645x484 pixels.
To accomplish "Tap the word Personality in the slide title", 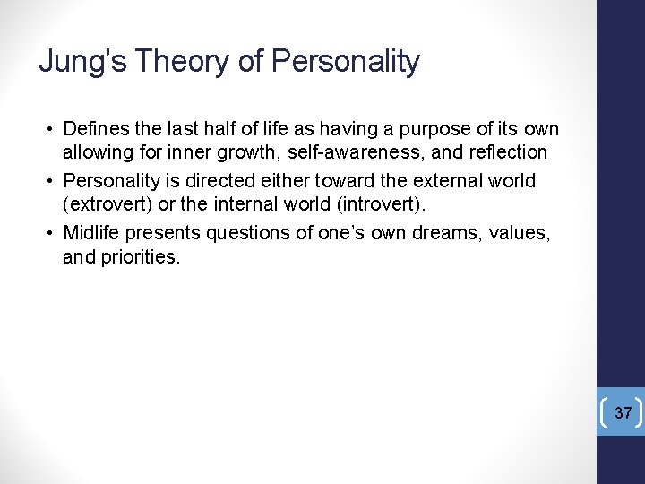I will pos(345,62).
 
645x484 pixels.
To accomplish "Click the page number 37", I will pos(623,413).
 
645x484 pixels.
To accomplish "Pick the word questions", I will pos(249,233).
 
